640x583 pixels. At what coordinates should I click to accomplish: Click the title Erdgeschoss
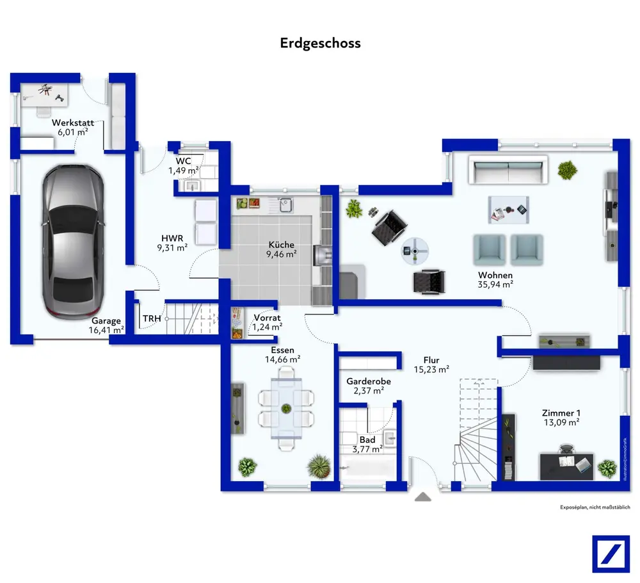(320, 44)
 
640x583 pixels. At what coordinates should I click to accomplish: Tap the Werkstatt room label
(73, 122)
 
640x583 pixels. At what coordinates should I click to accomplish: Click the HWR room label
(173, 236)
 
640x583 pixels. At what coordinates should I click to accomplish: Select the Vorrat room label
(267, 318)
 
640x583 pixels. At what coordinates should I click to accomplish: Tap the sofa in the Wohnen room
(508, 170)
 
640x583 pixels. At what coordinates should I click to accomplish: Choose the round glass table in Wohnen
(413, 250)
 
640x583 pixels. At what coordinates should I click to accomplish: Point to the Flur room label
(431, 360)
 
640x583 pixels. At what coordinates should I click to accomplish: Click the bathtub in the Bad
(367, 474)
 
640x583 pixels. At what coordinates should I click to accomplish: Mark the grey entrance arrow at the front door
(422, 496)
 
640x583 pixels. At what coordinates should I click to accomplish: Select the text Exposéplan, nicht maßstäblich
(595, 507)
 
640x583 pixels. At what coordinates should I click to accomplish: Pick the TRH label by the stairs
(152, 318)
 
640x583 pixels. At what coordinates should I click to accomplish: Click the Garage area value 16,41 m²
(107, 331)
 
